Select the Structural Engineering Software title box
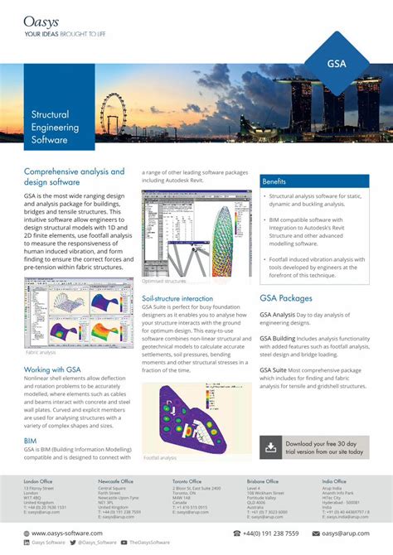pos(56,128)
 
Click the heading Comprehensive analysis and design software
pos(74,176)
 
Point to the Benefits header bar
pos(314,181)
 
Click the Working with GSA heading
pos(51,345)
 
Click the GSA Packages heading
pos(286,298)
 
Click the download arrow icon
pos(271,447)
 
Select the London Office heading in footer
pos(38,480)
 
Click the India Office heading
pos(334,480)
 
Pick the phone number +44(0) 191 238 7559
pos(270,533)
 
